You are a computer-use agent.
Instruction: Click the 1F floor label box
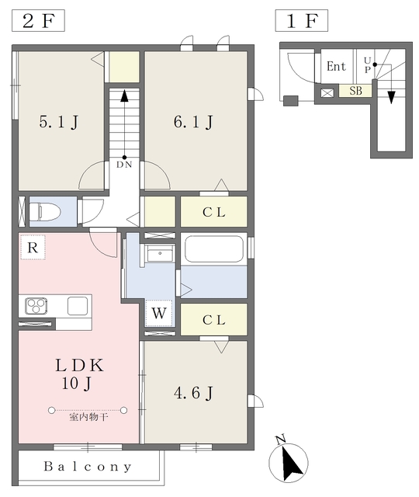pyautogui.click(x=302, y=21)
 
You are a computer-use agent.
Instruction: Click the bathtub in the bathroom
pyautogui.click(x=213, y=249)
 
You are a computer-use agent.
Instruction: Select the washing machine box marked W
pyautogui.click(x=159, y=314)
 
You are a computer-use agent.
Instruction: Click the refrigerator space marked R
pyautogui.click(x=33, y=247)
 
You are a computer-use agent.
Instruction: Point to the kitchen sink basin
pyautogui.click(x=78, y=305)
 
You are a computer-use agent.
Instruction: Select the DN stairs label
pyautogui.click(x=124, y=164)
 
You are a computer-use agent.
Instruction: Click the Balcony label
pyautogui.click(x=88, y=467)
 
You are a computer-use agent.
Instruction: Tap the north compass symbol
pyautogui.click(x=289, y=464)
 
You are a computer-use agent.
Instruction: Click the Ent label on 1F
pyautogui.click(x=336, y=67)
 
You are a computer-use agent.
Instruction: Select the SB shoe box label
pyautogui.click(x=355, y=91)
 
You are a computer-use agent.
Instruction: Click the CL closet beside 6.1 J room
pyautogui.click(x=213, y=212)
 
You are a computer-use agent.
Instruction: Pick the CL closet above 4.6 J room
pyautogui.click(x=213, y=319)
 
